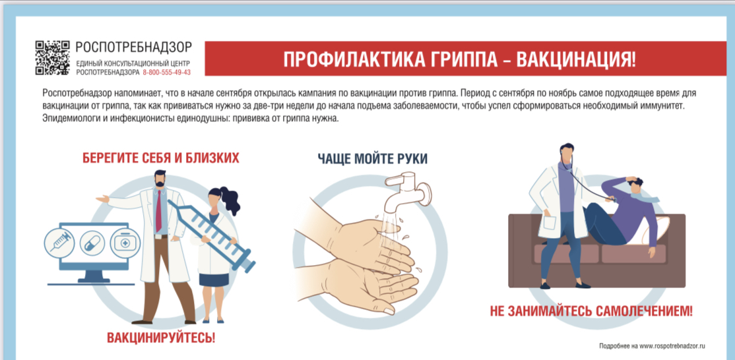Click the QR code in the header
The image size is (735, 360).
[x=52, y=58]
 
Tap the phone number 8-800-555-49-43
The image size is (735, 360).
[x=167, y=73]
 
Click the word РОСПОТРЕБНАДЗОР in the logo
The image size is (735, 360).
[x=133, y=47]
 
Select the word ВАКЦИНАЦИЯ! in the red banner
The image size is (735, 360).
[x=575, y=59]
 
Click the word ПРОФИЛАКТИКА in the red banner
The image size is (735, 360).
[x=339, y=59]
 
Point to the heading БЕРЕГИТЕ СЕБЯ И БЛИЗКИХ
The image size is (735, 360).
[x=160, y=158]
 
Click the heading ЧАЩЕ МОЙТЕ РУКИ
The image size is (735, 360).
[x=372, y=158]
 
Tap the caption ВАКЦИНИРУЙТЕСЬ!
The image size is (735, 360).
[x=161, y=338]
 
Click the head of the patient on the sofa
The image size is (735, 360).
[x=637, y=189]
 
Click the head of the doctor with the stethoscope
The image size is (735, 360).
[x=566, y=154]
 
